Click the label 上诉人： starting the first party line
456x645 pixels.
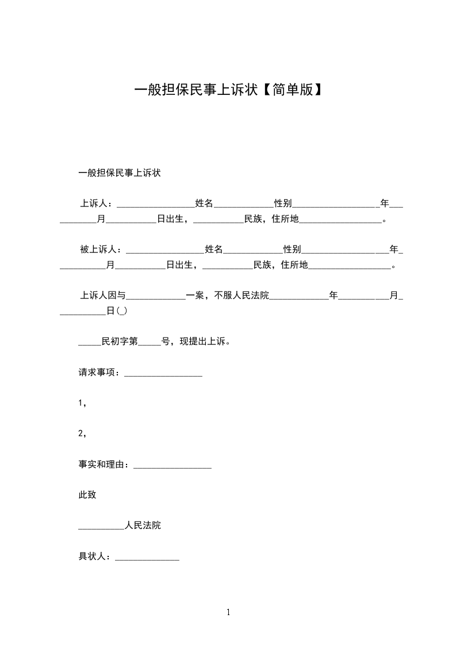tap(98, 203)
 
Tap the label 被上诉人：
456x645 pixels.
tap(102, 249)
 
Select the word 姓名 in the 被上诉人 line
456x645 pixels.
tap(214, 249)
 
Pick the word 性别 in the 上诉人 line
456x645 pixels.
tap(283, 203)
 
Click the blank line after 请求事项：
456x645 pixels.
tap(163, 374)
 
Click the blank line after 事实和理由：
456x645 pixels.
tap(173, 466)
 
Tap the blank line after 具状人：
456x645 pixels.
tap(147, 556)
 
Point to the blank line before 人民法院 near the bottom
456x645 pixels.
tap(101, 526)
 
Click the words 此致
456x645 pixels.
tap(87, 495)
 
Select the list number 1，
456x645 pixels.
tap(82, 404)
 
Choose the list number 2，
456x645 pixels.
tap(82, 434)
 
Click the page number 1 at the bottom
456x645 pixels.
tap(228, 612)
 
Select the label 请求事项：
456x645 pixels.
tap(101, 373)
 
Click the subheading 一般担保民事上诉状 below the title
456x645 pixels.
tap(119, 172)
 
